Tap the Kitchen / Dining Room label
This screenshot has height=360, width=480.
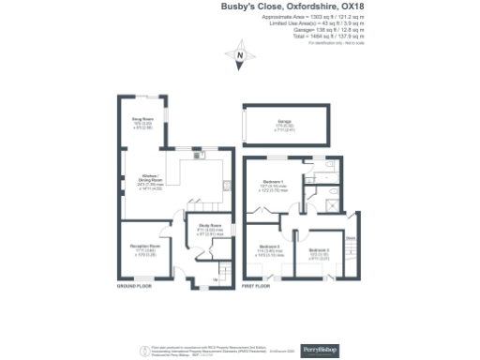pos(150,178)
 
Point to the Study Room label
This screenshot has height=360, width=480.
pos(209,226)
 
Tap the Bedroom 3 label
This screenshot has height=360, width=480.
pos(320,250)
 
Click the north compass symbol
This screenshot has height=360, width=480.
pos(240,58)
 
